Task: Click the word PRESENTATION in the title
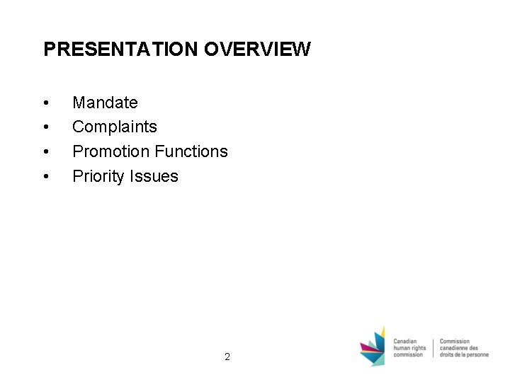click(121, 49)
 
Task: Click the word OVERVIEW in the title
click(257, 49)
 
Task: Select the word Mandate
click(105, 103)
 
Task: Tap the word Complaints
click(115, 127)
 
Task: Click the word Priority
click(98, 176)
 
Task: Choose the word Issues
click(154, 176)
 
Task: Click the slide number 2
click(227, 357)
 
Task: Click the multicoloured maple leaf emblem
click(373, 347)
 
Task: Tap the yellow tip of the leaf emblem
click(382, 332)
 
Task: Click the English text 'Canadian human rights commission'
click(410, 347)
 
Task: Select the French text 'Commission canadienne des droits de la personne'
click(464, 347)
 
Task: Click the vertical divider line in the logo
click(433, 347)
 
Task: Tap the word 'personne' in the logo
click(477, 354)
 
